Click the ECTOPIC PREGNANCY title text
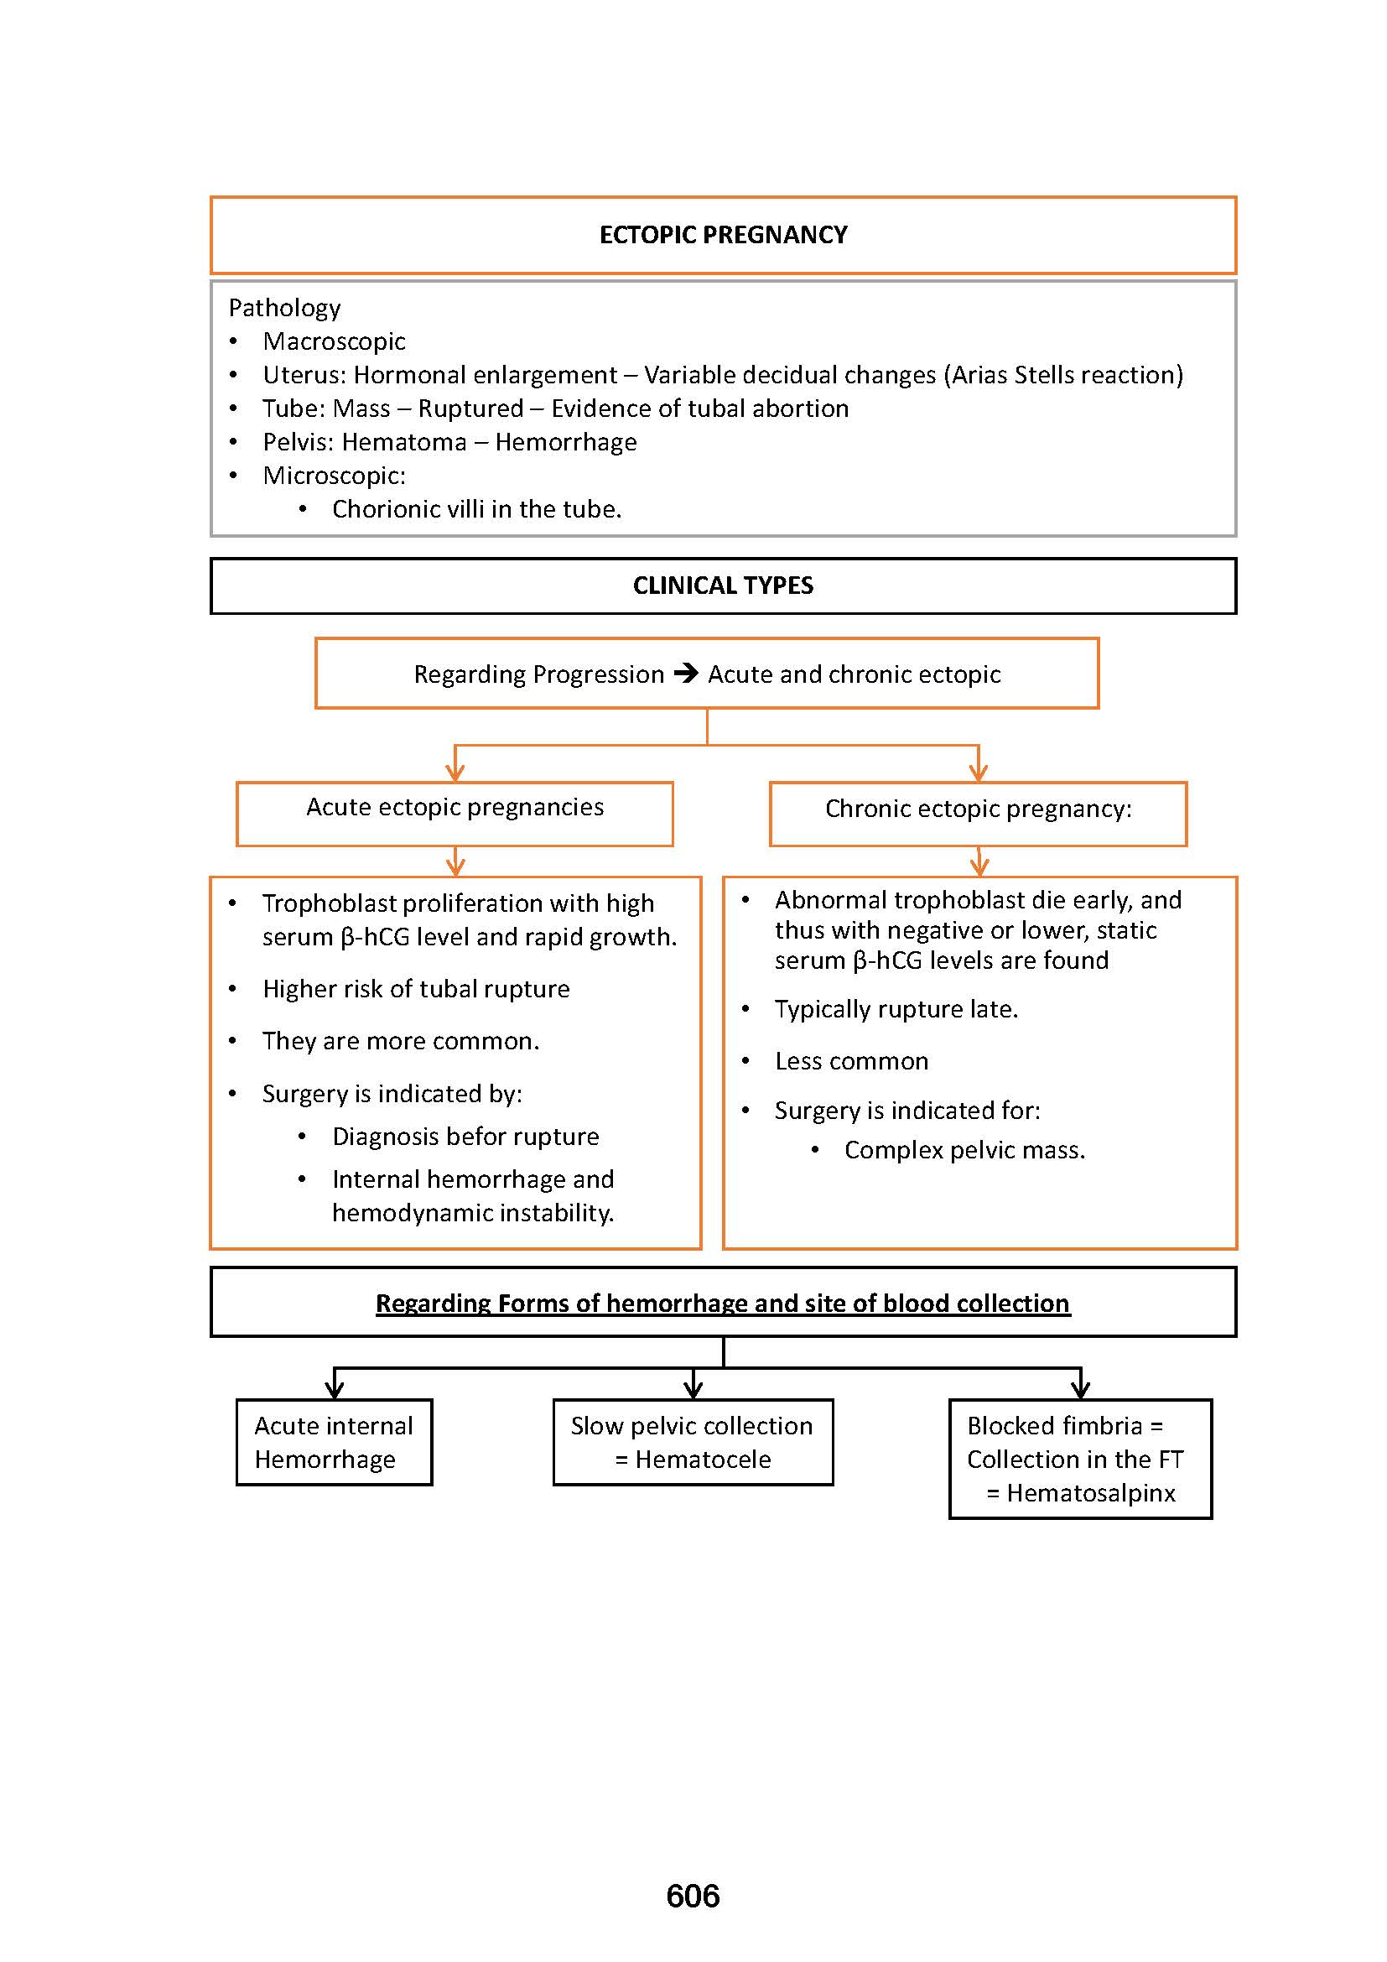point(723,235)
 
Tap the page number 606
point(693,1896)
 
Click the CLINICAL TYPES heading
point(723,585)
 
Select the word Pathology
point(284,308)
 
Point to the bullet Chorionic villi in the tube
point(476,509)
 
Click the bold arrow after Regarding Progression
point(686,674)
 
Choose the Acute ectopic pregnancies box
point(455,813)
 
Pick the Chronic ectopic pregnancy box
point(978,813)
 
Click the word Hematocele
point(703,1459)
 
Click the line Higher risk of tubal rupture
point(416,989)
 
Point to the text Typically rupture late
point(896,1009)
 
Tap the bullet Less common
point(851,1061)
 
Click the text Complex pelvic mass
point(964,1150)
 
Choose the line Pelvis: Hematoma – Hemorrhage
point(449,442)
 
